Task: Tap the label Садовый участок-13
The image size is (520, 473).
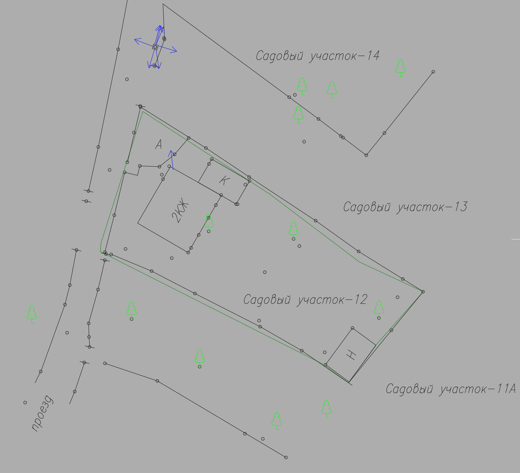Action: coord(405,207)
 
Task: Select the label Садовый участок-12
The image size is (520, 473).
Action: coord(305,300)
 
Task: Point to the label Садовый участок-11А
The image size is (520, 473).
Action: coord(451,389)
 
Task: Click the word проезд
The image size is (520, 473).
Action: coord(42,413)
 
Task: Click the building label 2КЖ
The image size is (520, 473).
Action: coord(180,210)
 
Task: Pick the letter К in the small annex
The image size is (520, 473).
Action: coord(225,180)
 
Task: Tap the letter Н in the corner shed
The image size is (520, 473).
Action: coord(351,355)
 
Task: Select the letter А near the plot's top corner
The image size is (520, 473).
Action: coord(159,144)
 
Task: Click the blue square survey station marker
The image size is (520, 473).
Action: coord(155,47)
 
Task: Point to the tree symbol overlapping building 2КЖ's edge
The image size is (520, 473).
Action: coord(209,223)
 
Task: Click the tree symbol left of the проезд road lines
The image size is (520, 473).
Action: coord(32,315)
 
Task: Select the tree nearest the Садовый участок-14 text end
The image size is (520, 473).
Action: coord(400,68)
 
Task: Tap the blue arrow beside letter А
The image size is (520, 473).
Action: coord(172,160)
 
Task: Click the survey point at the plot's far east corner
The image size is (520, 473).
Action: coord(423,292)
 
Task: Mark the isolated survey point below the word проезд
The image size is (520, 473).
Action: coord(25,403)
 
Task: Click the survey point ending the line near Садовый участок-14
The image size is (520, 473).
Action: coord(433,71)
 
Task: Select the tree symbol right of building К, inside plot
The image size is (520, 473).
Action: coord(294,230)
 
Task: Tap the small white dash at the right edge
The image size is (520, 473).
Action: coord(515,239)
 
